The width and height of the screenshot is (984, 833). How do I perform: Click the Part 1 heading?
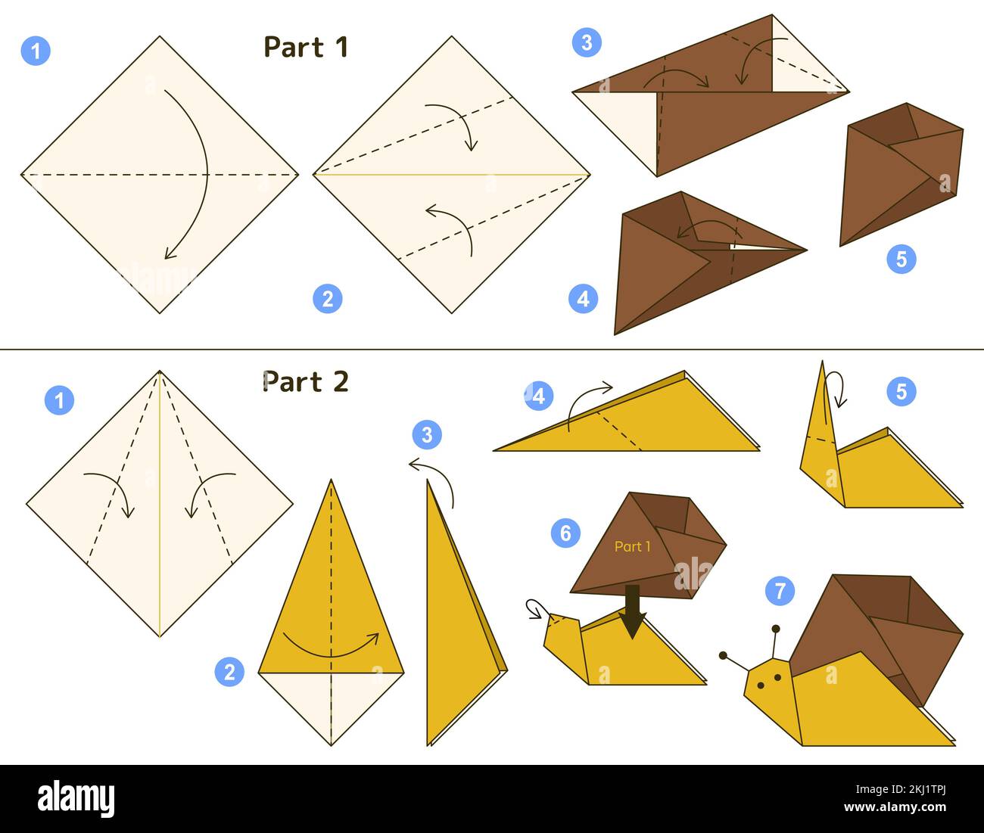pos(306,48)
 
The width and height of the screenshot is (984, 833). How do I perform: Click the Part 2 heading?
pos(306,382)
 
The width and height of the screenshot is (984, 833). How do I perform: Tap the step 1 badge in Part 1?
pos(36,51)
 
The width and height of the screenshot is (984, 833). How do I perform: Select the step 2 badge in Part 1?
pos(327,299)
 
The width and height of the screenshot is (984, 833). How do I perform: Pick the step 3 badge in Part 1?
pos(587,42)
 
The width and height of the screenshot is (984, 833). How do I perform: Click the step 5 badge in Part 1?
pos(901,260)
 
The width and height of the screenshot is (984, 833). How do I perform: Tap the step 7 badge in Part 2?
pos(780,590)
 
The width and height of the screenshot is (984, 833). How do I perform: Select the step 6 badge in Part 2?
pos(565,533)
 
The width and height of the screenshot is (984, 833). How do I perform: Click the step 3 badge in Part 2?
pos(427,435)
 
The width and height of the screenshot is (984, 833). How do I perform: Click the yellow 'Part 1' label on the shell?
pos(632,546)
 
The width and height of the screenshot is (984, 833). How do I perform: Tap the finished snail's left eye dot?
pos(759,685)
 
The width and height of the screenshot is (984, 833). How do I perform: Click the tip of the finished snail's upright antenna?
pos(776,629)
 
